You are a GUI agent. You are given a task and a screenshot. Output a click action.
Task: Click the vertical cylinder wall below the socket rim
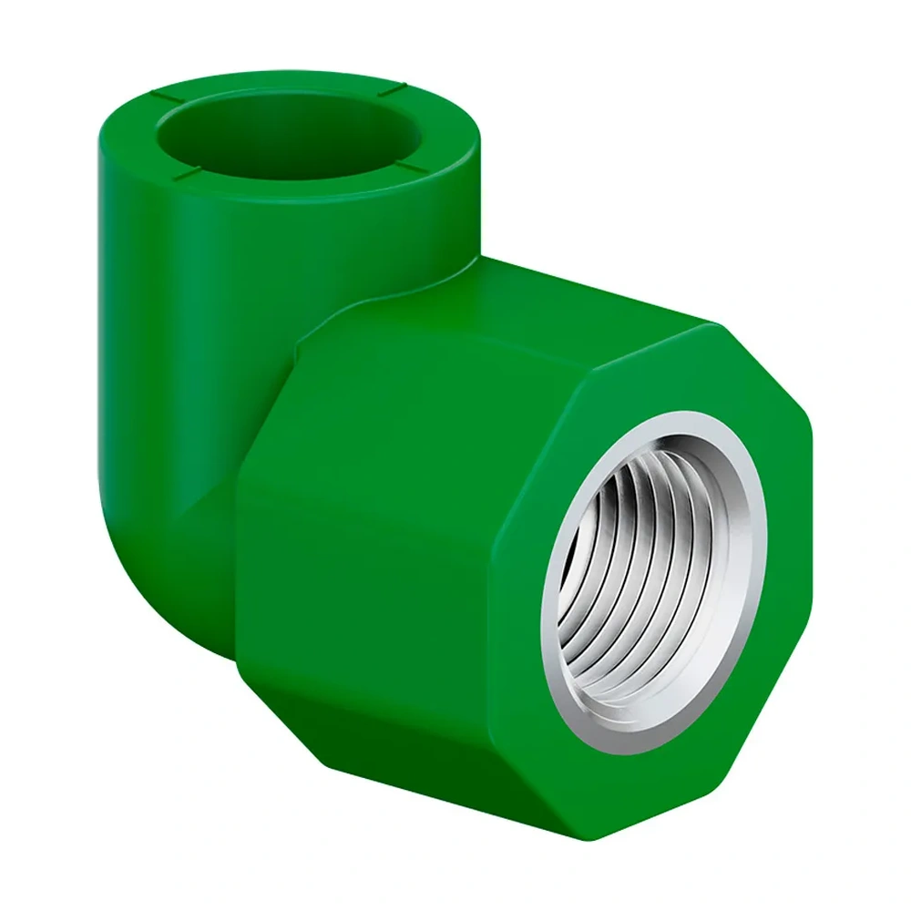tap(182, 301)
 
